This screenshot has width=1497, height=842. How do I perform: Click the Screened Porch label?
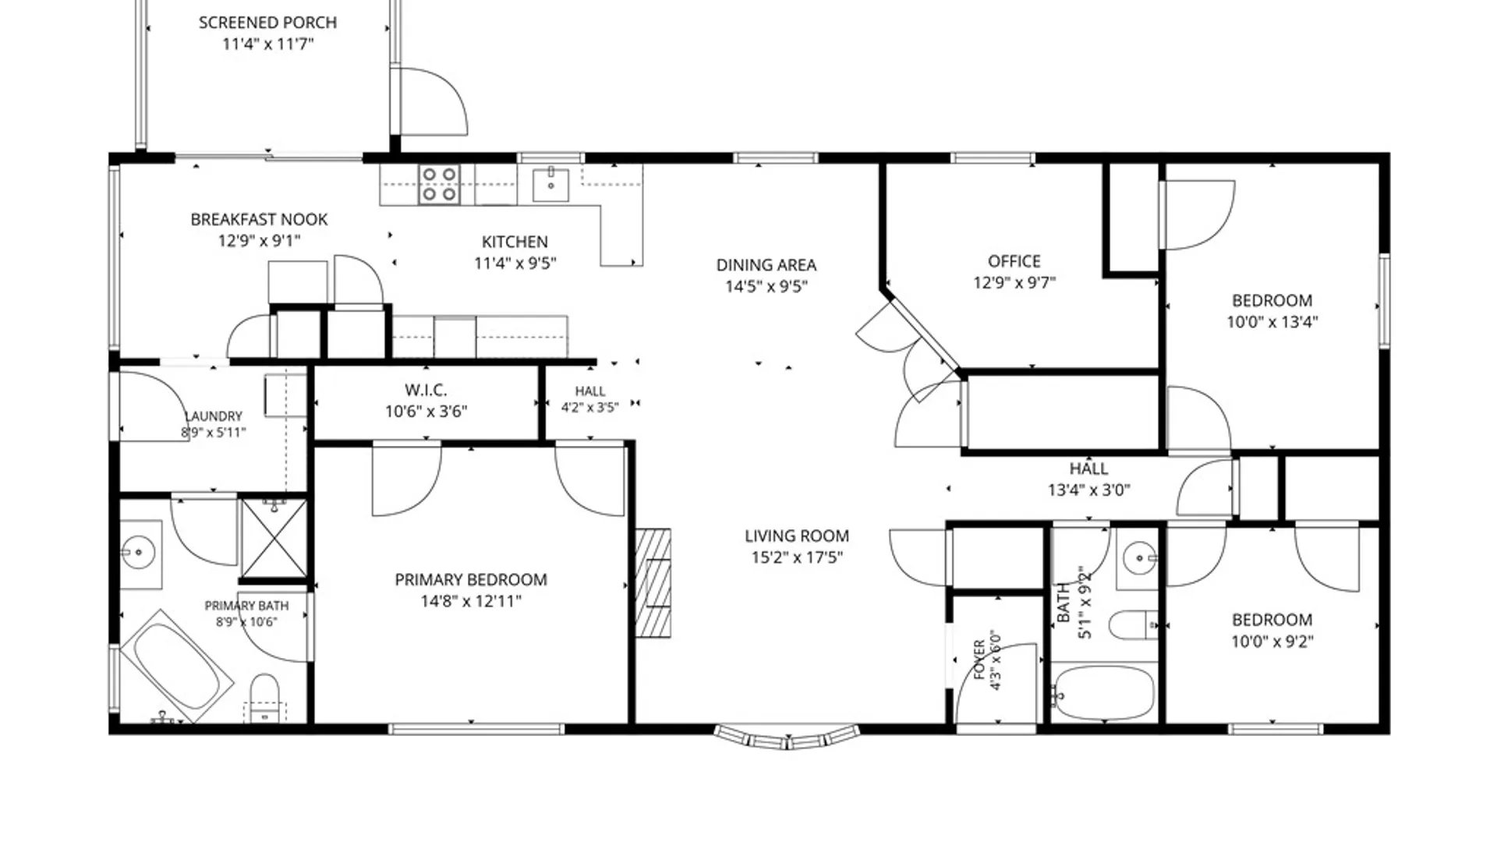(268, 23)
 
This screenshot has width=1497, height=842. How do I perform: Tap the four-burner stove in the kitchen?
(439, 185)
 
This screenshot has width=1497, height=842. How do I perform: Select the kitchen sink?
(551, 184)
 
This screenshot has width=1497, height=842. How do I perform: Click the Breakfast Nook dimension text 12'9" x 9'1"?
(259, 241)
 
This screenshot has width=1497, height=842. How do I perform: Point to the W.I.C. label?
(426, 390)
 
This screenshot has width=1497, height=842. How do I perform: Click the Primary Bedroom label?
(471, 580)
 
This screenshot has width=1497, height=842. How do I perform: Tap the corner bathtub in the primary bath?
(177, 667)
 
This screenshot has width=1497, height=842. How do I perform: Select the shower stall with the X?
(274, 540)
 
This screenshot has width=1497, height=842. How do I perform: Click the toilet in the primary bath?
(265, 696)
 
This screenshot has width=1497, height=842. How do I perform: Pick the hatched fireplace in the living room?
(653, 583)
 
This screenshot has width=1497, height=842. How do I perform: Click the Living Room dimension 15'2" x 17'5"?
(797, 557)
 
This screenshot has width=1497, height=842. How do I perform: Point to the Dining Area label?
(766, 265)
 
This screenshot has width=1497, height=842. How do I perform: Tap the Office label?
(1014, 261)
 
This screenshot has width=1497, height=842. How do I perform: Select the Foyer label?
(980, 660)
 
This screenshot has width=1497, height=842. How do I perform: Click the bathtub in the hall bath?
(1103, 693)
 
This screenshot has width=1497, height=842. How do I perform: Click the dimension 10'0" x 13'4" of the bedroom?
(1272, 322)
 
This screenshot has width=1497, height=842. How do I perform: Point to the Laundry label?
(214, 416)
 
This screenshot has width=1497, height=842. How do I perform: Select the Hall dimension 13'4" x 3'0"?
(1089, 490)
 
